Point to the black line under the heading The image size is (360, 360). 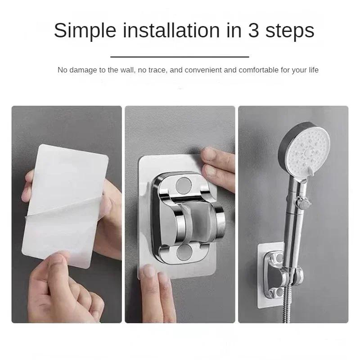point(180,57)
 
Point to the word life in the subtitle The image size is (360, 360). point(312,70)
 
